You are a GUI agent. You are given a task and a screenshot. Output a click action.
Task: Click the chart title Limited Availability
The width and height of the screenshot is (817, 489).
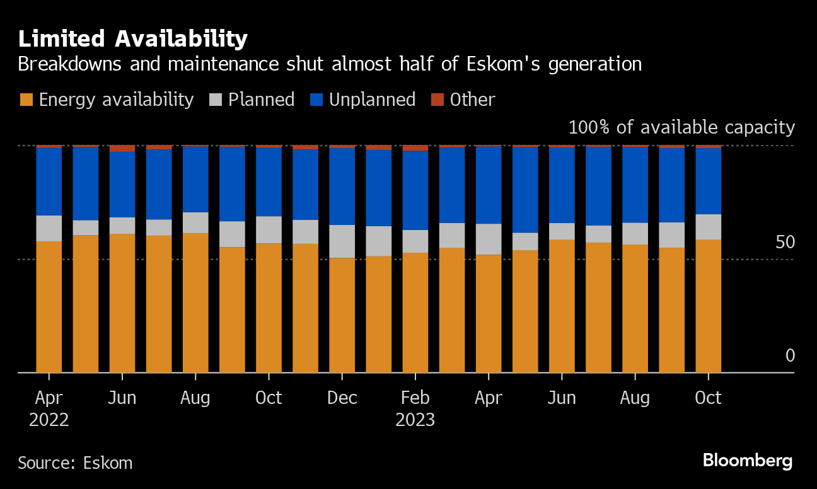tap(132, 40)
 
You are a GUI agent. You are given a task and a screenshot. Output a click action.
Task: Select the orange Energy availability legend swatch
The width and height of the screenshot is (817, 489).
tap(26, 100)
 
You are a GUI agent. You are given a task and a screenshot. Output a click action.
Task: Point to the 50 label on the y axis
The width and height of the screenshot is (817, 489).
tap(785, 243)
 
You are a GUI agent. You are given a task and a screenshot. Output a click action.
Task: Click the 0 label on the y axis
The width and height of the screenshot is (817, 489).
tap(790, 356)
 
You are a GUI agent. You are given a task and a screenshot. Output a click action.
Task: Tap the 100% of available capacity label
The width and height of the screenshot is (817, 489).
tap(681, 127)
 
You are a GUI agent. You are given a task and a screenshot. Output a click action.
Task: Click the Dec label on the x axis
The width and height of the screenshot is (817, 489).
tap(342, 398)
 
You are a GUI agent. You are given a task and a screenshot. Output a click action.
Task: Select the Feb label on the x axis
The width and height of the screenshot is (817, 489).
tap(415, 398)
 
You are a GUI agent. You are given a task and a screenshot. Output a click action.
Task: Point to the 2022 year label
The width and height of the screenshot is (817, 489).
tap(49, 420)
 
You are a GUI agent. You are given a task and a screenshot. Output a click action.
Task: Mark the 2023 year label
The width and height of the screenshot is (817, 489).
tap(415, 420)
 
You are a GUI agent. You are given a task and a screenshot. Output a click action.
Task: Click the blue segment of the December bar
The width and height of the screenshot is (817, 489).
tap(342, 187)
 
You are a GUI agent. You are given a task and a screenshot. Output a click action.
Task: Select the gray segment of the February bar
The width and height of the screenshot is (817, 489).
tap(415, 241)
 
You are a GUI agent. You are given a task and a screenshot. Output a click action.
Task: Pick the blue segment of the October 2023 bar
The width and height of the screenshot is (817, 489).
tap(708, 181)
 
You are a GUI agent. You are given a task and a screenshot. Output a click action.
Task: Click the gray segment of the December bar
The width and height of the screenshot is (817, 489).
tap(342, 241)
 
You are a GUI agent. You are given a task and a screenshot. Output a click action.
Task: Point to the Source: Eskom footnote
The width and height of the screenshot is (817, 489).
tap(75, 463)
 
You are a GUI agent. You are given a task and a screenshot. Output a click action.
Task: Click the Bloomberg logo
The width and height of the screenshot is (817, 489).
tap(747, 461)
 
